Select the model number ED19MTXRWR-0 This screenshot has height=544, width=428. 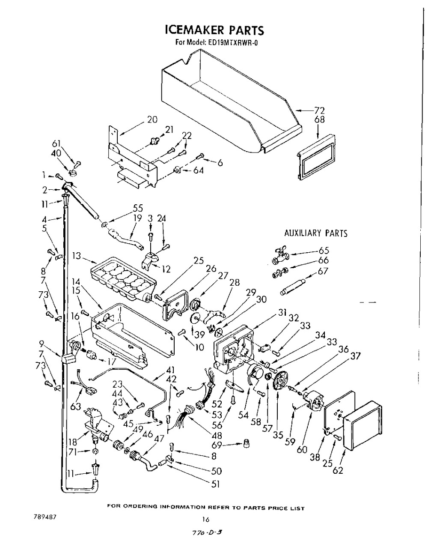point(235,42)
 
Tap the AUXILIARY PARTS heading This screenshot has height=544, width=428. point(316,233)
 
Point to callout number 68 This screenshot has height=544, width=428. point(319,120)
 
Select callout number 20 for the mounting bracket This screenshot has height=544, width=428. point(152,120)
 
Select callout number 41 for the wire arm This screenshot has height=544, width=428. point(170,370)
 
